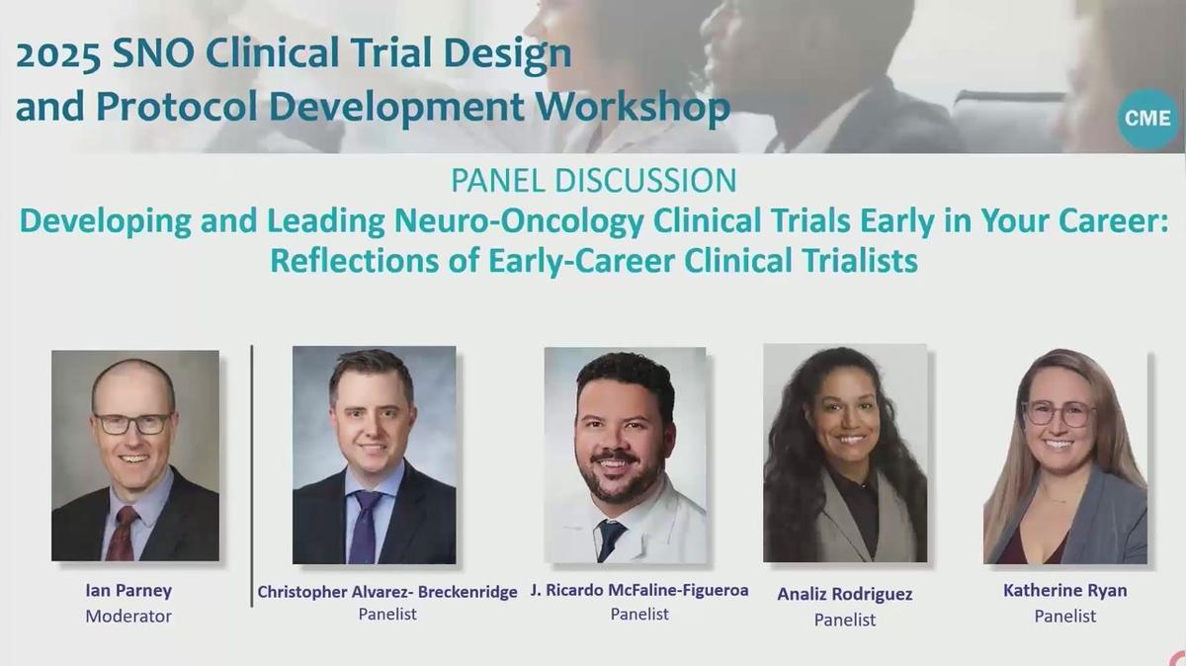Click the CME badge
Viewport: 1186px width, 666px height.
[1147, 119]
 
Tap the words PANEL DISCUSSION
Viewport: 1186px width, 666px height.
[593, 181]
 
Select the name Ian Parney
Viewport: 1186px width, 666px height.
[128, 591]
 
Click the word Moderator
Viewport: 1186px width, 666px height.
[128, 616]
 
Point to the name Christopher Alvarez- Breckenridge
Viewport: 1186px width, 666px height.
[387, 591]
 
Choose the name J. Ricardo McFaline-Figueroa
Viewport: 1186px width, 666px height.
[638, 590]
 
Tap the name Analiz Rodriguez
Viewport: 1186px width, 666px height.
[844, 594]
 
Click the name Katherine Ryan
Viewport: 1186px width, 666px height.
[1064, 591]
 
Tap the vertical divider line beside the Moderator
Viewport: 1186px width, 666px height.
[252, 474]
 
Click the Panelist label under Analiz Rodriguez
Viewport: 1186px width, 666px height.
[844, 620]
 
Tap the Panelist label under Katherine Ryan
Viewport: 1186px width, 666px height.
[1064, 616]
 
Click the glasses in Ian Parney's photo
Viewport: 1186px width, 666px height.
[133, 424]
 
